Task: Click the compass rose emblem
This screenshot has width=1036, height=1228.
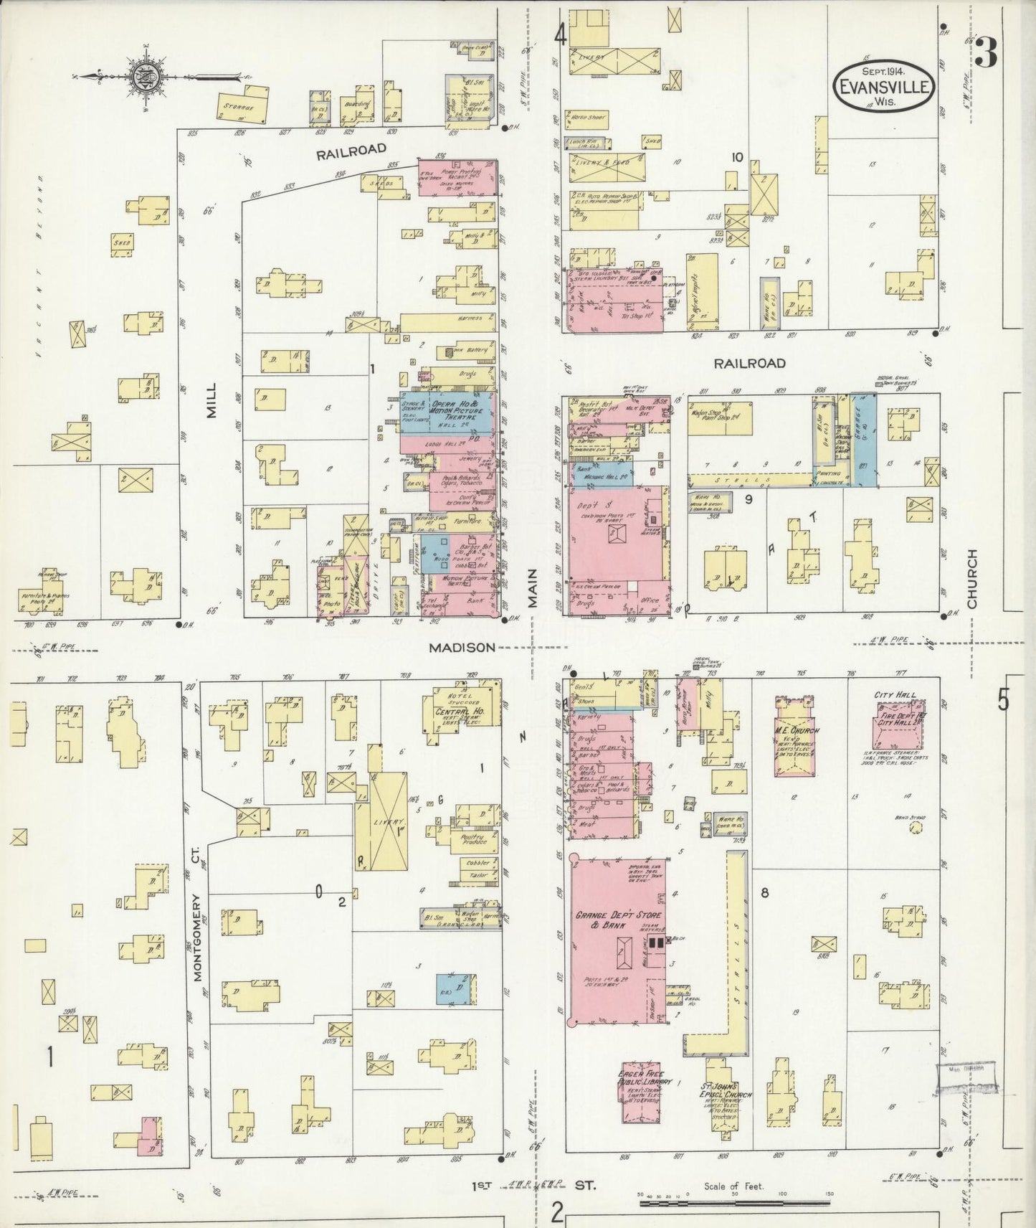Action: click(143, 75)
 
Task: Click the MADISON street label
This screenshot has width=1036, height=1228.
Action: click(462, 647)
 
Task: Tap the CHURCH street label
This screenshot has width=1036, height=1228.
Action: click(973, 579)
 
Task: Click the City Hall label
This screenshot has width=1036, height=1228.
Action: click(892, 695)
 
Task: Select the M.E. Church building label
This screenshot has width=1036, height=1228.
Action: click(795, 730)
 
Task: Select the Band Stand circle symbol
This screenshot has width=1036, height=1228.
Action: click(915, 827)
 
